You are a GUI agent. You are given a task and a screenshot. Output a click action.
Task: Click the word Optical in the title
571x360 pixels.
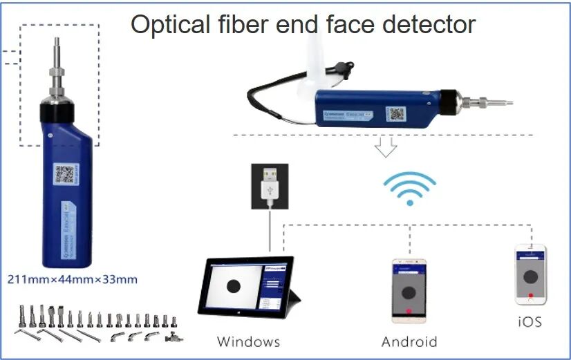pos(167,26)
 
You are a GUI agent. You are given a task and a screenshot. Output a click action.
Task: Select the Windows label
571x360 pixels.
pos(248,341)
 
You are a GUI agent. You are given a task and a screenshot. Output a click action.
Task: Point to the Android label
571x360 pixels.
pos(409,341)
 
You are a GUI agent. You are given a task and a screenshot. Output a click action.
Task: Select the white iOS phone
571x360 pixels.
pos(531,274)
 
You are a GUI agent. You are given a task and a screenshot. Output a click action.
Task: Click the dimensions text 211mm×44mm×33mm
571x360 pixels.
pos(72,279)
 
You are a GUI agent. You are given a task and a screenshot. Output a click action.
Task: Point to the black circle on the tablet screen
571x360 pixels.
pos(234,285)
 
